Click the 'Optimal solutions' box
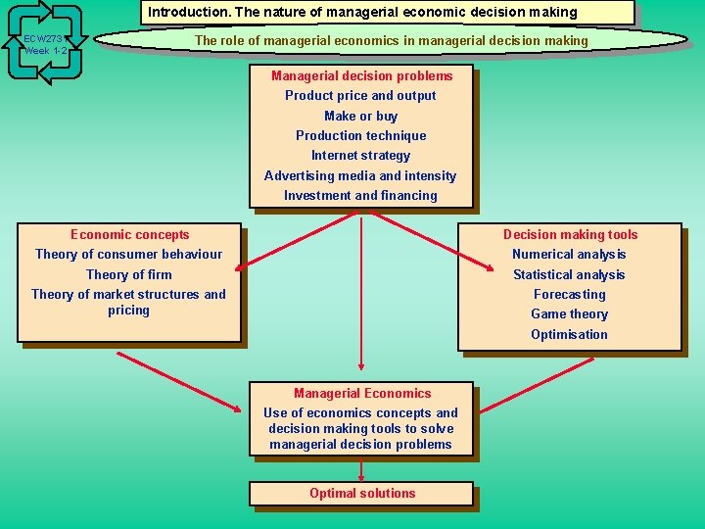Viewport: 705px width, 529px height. click(362, 494)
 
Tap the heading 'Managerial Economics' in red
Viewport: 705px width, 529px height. click(362, 394)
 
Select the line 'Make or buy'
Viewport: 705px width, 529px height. click(361, 116)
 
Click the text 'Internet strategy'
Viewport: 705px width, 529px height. click(361, 156)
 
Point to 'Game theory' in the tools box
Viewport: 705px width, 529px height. click(569, 314)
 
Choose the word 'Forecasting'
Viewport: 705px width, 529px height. click(569, 295)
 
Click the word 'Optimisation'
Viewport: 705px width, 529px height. click(569, 335)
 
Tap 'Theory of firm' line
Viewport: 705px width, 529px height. click(128, 275)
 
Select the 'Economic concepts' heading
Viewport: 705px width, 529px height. click(130, 235)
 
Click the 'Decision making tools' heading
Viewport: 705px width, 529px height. click(570, 235)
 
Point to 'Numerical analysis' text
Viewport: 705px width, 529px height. click(569, 255)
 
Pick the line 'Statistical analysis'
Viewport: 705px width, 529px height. click(569, 275)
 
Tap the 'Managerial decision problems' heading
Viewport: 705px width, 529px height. click(362, 76)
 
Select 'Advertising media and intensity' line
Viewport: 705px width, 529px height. click(360, 176)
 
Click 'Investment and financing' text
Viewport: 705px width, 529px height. click(361, 196)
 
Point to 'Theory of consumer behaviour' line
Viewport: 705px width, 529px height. click(128, 255)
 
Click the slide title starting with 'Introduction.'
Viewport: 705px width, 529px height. click(390, 13)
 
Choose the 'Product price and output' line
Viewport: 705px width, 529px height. click(360, 96)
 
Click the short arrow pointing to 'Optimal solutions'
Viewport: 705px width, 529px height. click(362, 470)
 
